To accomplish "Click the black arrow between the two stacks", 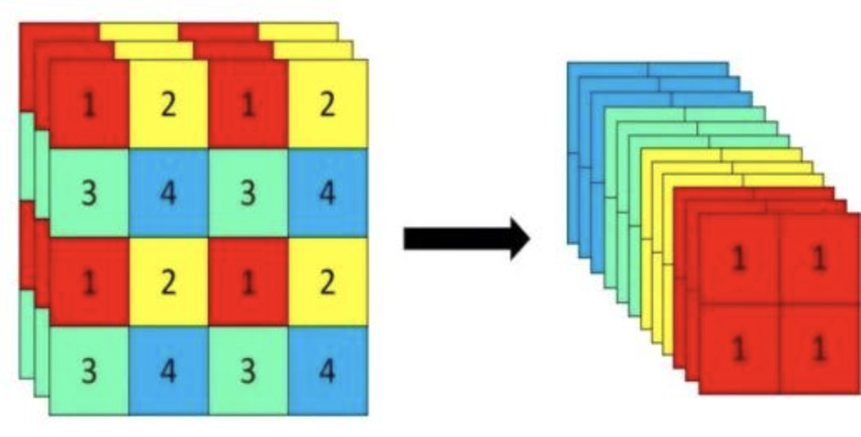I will click(465, 238).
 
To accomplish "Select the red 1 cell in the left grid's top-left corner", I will click(90, 105).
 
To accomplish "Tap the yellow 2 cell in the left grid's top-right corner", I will click(328, 105).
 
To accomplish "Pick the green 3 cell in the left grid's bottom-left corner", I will click(90, 371).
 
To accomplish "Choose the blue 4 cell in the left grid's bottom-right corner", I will click(328, 371).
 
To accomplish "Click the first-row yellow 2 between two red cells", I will click(169, 105).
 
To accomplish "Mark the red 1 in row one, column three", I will click(248, 105).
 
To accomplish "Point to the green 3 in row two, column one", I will click(90, 194).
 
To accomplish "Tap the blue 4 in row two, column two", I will click(169, 194).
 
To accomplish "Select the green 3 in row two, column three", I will click(248, 194).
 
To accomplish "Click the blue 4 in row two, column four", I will click(328, 194).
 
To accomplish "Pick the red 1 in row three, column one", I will click(90, 282).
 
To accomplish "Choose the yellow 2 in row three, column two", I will click(169, 282).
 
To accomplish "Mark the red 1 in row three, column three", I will click(248, 282).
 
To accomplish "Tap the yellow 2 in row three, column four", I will click(328, 282).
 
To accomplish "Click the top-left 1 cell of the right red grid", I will click(738, 260).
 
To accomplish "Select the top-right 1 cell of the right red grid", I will click(819, 260).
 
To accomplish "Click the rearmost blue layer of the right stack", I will click(607, 69).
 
